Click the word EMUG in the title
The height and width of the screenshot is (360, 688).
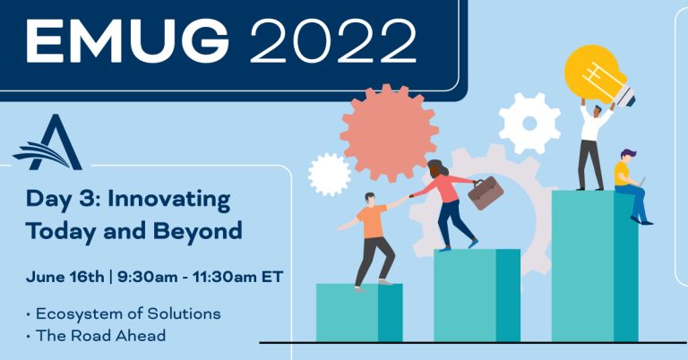coord(127,41)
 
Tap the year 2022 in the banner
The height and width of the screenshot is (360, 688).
coord(333,41)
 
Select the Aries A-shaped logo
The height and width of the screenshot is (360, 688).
coord(47,142)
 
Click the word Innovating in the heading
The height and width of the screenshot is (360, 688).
coord(169,200)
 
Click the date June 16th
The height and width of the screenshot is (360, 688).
coord(64,277)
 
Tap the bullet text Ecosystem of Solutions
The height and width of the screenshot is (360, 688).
coord(128,314)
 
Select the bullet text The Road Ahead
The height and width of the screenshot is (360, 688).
coord(101,336)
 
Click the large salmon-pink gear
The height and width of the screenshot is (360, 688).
coord(389,133)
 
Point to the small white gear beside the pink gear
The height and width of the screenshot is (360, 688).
coord(330,175)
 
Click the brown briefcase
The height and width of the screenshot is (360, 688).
coord(486,193)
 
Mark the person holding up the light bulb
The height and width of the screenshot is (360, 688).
coord(593,145)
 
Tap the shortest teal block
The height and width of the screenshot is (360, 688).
coord(359,313)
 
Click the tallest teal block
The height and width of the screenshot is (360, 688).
coord(595,266)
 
